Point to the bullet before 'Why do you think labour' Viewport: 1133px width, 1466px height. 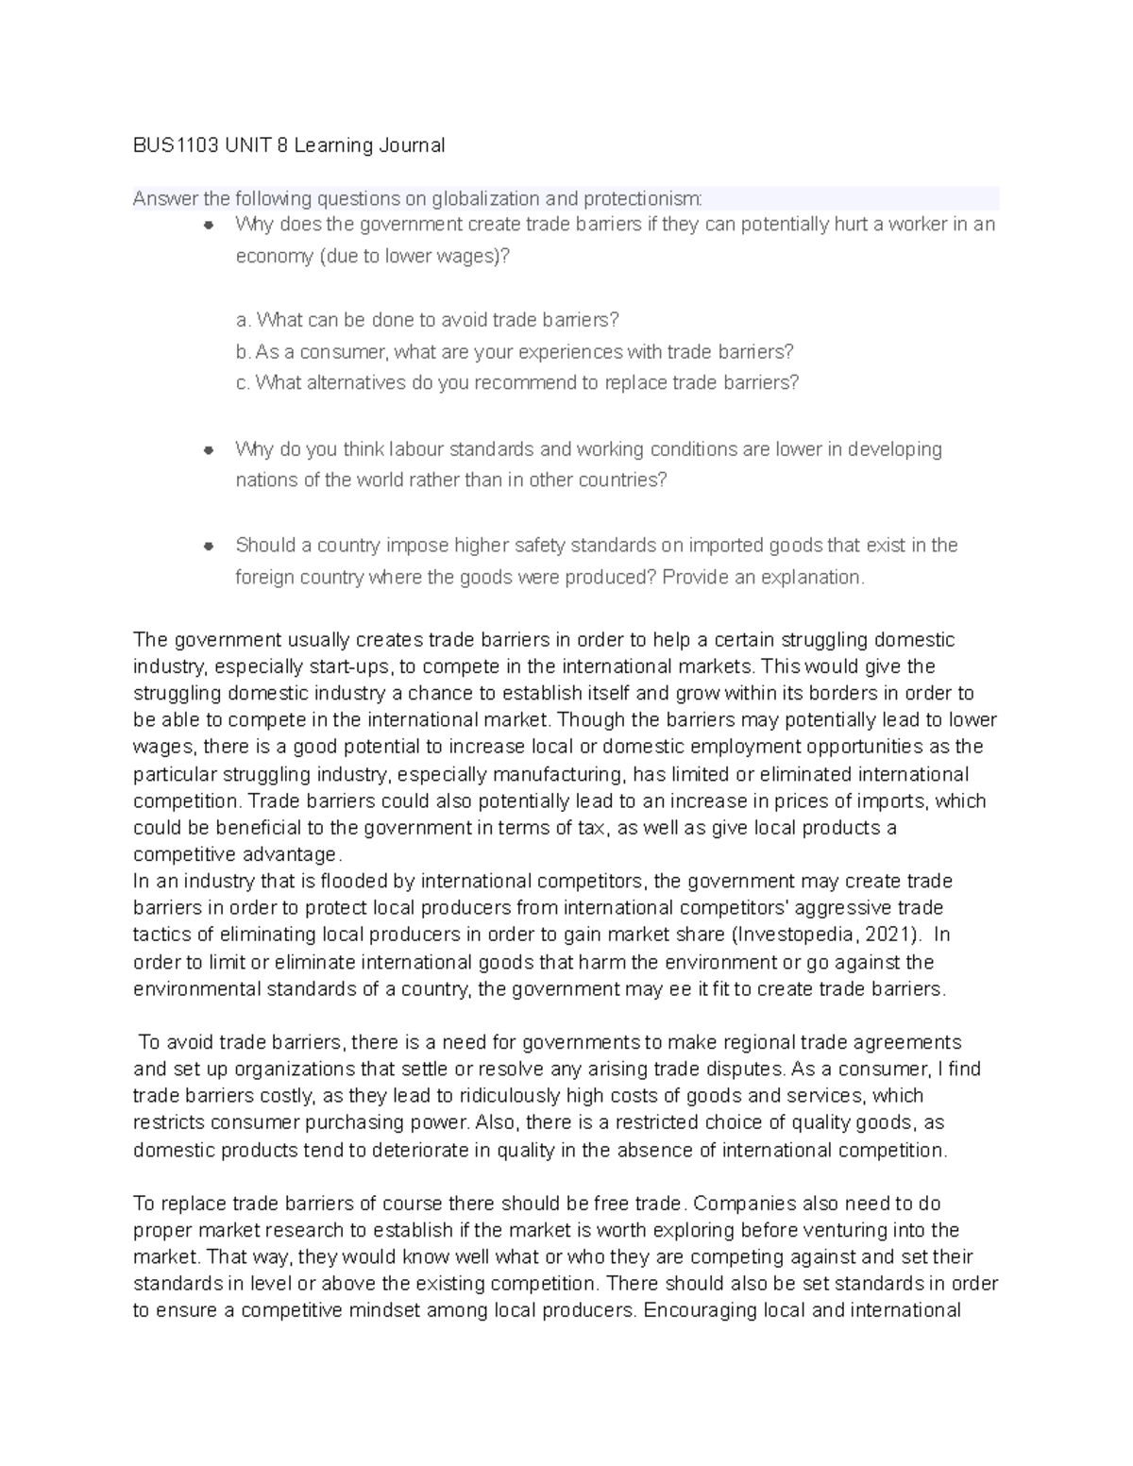[210, 450]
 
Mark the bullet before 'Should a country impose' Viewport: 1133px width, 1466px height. [210, 547]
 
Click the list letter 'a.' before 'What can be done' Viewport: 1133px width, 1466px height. [244, 320]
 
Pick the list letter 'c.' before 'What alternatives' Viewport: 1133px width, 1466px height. [243, 383]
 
